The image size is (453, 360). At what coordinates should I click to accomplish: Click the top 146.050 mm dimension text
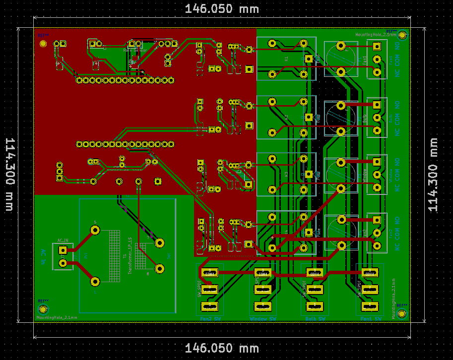[222, 9]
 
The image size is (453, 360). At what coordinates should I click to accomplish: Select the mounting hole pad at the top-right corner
[402, 35]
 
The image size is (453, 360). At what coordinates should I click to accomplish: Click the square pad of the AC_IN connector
[63, 250]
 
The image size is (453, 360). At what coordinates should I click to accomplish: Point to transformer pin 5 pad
[95, 230]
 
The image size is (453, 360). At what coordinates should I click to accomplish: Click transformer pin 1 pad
[95, 282]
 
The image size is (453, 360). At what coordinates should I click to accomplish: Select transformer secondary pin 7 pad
[160, 243]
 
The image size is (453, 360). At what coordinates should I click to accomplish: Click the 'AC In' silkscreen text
[44, 256]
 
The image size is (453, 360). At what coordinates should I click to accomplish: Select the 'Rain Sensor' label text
[135, 50]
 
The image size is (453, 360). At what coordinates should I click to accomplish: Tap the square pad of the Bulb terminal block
[377, 105]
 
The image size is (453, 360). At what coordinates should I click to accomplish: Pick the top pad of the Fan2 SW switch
[209, 273]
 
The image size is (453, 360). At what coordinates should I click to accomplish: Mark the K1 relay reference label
[286, 59]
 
